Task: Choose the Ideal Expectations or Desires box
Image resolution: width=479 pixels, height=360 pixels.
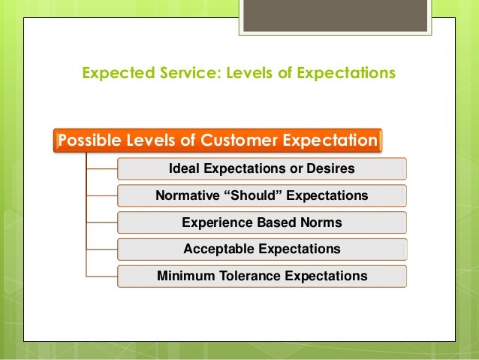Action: [262, 168]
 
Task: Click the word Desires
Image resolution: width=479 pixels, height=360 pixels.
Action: [329, 168]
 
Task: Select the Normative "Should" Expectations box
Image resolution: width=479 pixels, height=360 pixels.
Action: [262, 195]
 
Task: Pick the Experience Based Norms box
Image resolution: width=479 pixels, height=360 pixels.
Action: [262, 222]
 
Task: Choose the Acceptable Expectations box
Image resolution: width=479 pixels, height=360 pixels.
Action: [262, 249]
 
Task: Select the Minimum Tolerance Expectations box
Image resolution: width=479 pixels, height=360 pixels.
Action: [262, 276]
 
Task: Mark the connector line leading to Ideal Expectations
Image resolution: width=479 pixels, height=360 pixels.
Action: [102, 168]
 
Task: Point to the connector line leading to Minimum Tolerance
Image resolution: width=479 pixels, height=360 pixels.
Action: [102, 276]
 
